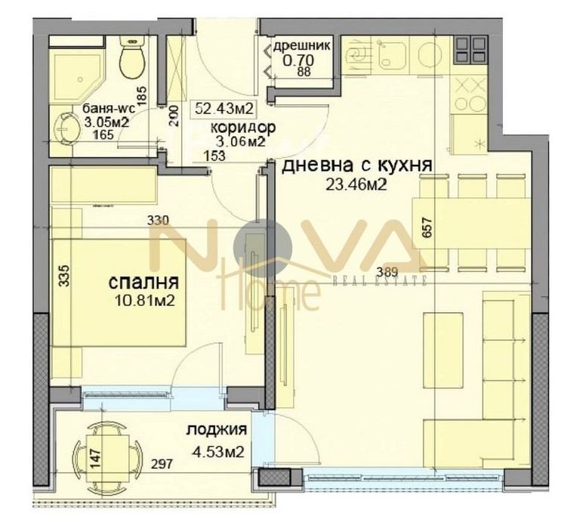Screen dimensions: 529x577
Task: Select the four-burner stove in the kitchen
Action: tap(472, 51)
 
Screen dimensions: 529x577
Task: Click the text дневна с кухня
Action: tap(356, 166)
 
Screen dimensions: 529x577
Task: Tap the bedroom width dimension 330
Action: tap(157, 221)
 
